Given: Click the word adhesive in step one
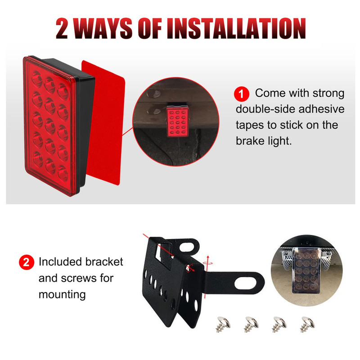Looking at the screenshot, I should pos(321,109).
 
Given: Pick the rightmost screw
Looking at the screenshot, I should pos(307,323).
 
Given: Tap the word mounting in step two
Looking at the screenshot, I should pos(62,295).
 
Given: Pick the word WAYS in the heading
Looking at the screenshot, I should pos(103,28).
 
